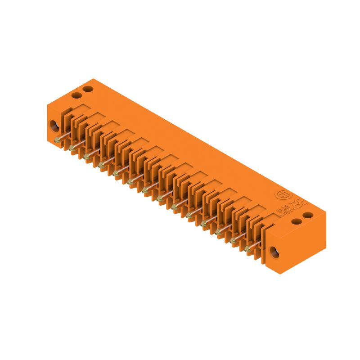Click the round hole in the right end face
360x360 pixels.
(x=274, y=252)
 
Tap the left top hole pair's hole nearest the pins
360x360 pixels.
(x=77, y=95)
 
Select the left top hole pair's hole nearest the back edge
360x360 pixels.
(x=88, y=89)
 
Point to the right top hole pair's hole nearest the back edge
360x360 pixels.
(x=307, y=216)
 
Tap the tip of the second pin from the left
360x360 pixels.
(x=72, y=148)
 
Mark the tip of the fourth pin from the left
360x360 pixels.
(x=101, y=165)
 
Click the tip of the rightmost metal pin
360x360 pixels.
(x=247, y=249)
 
